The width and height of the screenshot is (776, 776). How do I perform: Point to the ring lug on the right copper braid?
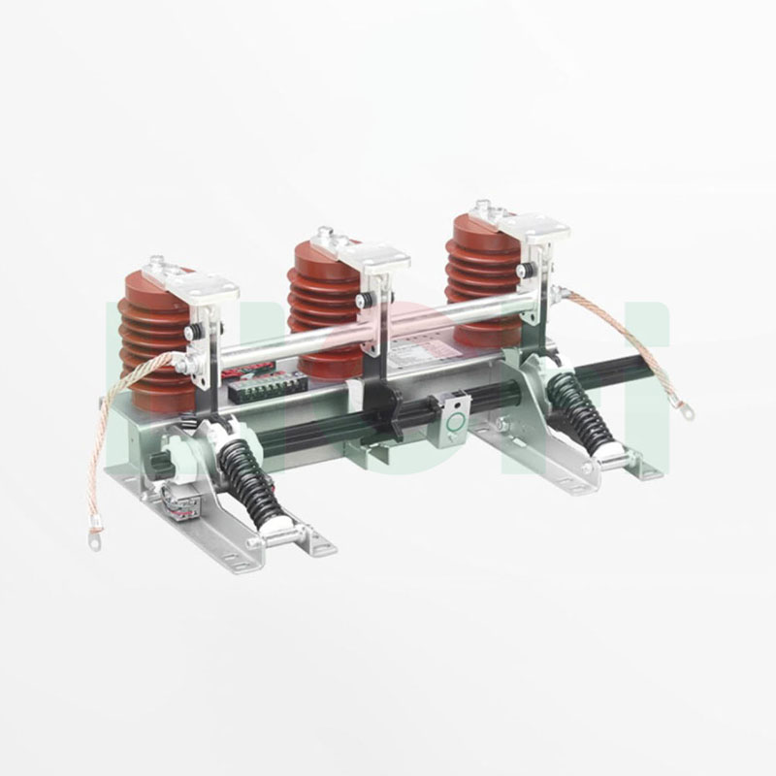point(687,413)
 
